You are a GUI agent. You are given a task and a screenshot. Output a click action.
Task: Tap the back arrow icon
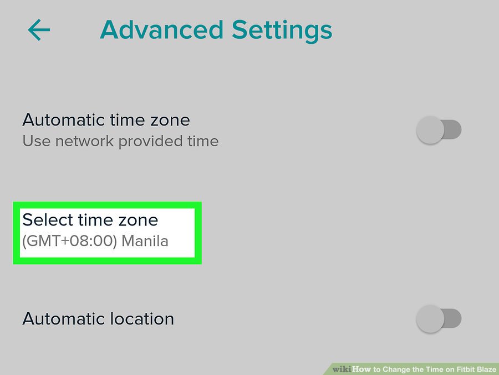[39, 29]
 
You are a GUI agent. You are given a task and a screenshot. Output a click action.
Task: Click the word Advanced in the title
[162, 29]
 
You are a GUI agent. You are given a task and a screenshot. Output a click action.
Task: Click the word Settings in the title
[282, 31]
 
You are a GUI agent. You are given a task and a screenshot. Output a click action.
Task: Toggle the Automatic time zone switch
[439, 130]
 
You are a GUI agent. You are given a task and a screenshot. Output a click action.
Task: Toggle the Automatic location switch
[439, 318]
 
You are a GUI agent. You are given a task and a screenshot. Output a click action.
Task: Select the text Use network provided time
[120, 141]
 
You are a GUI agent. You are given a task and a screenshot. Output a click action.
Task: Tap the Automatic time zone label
[106, 120]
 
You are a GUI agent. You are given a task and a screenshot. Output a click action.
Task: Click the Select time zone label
[90, 219]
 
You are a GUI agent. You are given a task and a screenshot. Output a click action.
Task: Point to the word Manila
[145, 241]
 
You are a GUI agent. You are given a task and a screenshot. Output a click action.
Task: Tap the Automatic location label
[98, 318]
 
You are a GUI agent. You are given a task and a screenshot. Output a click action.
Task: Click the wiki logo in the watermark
[342, 369]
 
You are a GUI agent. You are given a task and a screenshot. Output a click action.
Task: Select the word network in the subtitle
[84, 141]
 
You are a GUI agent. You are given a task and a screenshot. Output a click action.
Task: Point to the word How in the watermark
[362, 369]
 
